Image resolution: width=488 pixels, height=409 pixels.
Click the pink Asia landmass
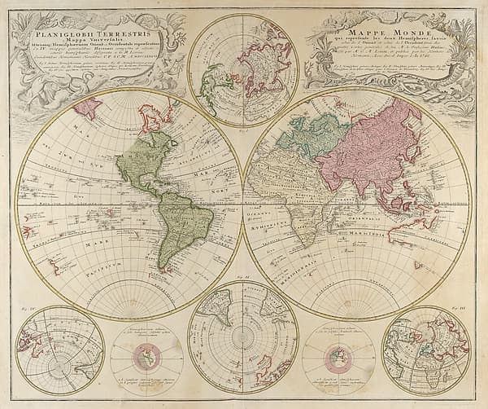pyautogui.click(x=382, y=147)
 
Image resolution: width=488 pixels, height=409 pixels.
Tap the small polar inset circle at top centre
pyautogui.click(x=243, y=69)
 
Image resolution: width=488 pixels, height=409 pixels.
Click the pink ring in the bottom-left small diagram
pyautogui.click(x=147, y=356)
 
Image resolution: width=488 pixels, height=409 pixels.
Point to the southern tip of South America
pyautogui.click(x=166, y=265)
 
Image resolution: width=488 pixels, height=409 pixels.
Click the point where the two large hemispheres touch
pyautogui.click(x=243, y=204)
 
